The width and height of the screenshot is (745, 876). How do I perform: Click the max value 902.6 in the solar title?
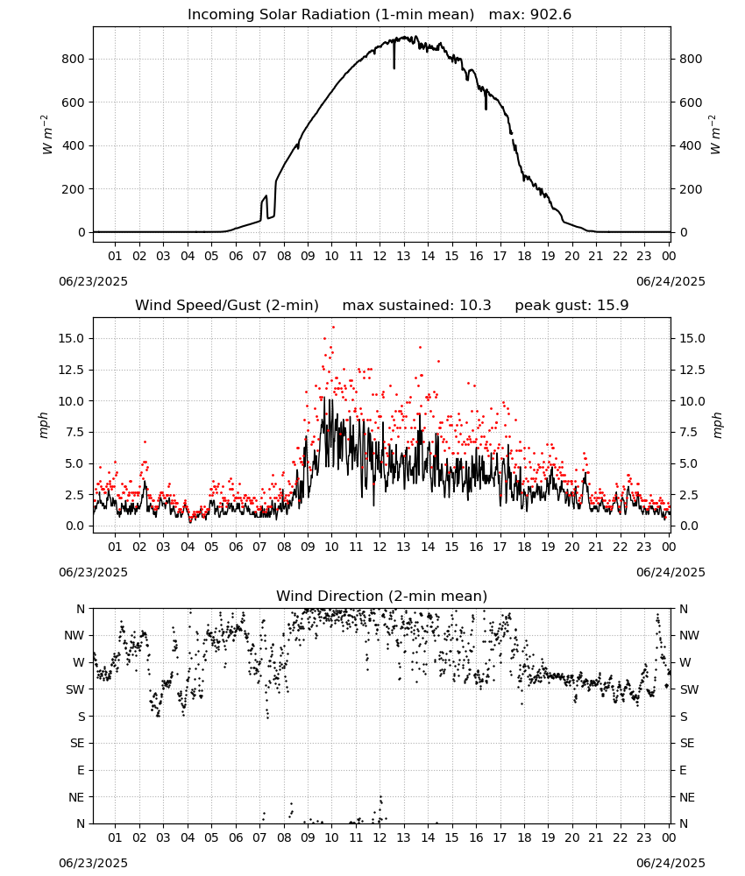(x=550, y=15)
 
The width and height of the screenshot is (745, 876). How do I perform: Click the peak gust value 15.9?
(x=613, y=306)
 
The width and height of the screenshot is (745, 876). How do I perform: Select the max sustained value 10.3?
(x=475, y=306)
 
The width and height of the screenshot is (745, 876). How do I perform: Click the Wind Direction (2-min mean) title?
(x=382, y=596)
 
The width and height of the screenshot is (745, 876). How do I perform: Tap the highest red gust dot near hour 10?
(x=333, y=327)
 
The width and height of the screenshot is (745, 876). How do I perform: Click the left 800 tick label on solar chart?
(x=74, y=60)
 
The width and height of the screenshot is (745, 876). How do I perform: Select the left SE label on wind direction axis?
(x=77, y=744)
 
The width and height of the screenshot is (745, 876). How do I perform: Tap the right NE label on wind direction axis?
(x=687, y=797)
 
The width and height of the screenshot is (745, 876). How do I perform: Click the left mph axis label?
(x=44, y=425)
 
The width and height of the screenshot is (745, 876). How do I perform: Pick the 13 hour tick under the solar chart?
(x=403, y=256)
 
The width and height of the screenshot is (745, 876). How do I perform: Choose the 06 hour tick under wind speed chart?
(x=236, y=547)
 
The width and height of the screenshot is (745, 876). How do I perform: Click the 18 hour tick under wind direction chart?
(x=524, y=837)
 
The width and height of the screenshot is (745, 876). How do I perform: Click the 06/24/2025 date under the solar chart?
(x=670, y=281)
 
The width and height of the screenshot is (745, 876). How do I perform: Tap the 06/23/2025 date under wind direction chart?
(x=93, y=863)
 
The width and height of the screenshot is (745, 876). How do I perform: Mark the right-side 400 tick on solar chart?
(x=691, y=145)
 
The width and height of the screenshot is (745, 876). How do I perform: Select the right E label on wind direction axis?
(x=683, y=770)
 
